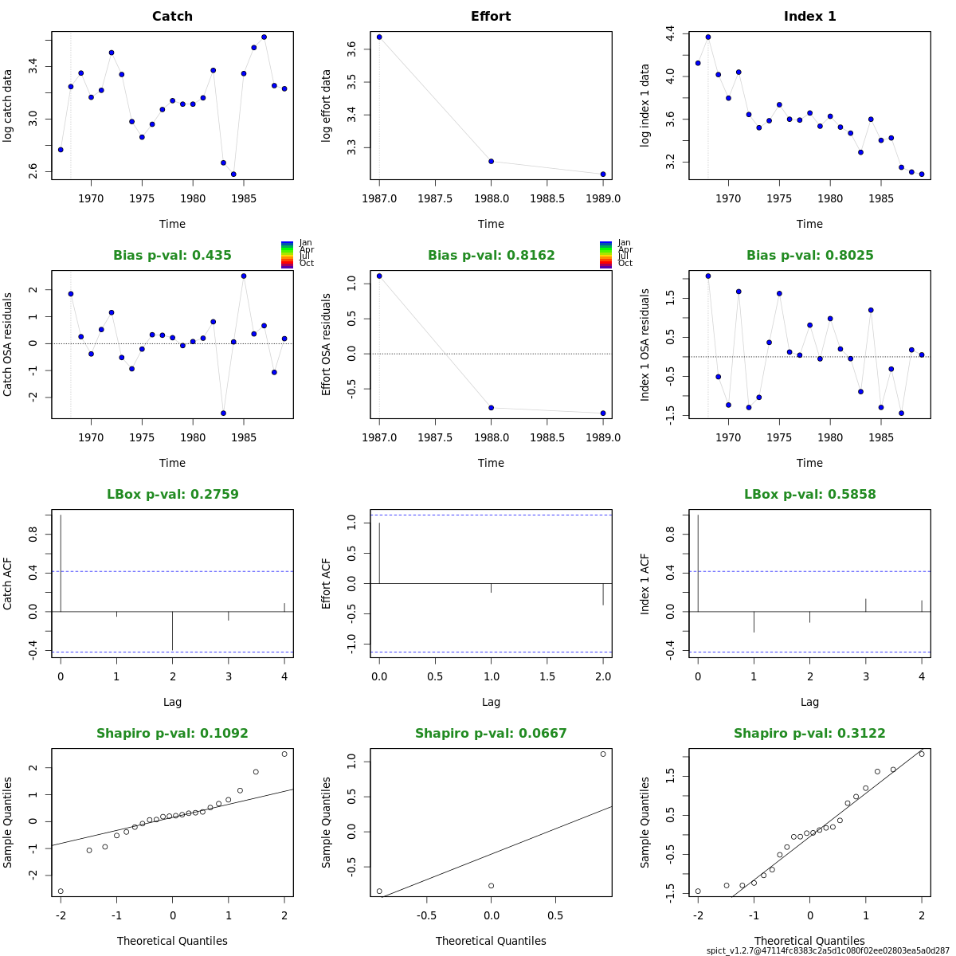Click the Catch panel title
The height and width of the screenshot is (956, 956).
click(172, 17)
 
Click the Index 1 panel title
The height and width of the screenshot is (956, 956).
click(809, 17)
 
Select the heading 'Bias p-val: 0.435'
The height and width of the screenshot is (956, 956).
click(172, 256)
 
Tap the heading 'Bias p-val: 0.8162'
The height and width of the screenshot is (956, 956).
click(491, 256)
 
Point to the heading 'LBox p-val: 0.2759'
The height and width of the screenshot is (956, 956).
click(172, 495)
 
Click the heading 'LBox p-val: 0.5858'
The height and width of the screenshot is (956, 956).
click(809, 495)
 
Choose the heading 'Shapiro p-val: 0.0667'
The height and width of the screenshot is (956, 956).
click(491, 734)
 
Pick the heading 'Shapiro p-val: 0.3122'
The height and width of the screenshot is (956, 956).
click(809, 734)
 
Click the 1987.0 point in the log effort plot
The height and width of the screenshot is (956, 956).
click(379, 37)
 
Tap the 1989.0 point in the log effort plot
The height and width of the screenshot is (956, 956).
click(603, 174)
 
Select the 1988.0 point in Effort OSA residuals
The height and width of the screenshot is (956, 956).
click(491, 408)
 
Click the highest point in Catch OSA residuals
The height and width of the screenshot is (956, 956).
click(244, 276)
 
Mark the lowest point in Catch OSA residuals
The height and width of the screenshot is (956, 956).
click(223, 413)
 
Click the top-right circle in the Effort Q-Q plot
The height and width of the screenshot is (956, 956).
click(603, 754)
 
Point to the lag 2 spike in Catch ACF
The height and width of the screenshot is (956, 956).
click(172, 631)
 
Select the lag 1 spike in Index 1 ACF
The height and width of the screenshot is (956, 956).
click(754, 621)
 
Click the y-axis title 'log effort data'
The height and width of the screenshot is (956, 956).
click(327, 106)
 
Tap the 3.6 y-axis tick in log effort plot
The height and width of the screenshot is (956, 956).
click(352, 49)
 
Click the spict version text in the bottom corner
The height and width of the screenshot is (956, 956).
click(828, 950)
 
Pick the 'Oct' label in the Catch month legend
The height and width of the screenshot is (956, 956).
click(307, 264)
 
